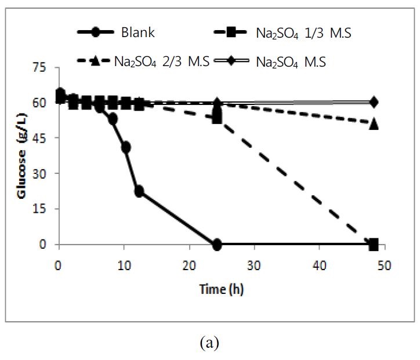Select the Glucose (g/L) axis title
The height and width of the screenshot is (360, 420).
click(x=23, y=157)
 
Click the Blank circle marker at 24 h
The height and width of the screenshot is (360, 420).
click(x=217, y=245)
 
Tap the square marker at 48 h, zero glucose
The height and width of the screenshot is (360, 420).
click(x=374, y=244)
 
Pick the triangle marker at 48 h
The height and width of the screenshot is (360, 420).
click(x=374, y=123)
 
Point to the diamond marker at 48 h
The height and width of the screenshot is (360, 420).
click(x=374, y=103)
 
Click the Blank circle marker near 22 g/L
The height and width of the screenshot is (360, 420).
click(x=139, y=191)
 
